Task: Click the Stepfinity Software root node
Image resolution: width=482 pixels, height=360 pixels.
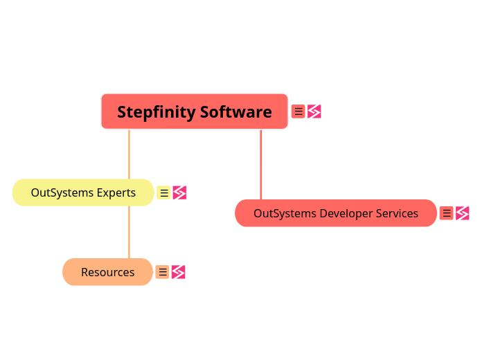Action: coord(194,111)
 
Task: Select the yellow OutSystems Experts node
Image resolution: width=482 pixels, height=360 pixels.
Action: coord(83,192)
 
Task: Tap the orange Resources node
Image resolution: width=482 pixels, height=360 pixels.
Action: coord(107,272)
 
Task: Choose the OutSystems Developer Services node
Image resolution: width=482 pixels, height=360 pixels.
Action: coord(335,213)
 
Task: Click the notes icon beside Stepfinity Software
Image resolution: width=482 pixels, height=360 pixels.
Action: coord(298,111)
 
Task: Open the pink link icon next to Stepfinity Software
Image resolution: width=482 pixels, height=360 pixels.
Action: coord(314,111)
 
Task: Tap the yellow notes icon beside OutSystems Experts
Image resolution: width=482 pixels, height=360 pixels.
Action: coord(163,192)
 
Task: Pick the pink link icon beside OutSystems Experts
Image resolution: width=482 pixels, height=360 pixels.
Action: coord(179,192)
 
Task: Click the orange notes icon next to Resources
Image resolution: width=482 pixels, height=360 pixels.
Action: coord(162,272)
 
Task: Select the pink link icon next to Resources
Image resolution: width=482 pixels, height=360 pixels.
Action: coord(178,272)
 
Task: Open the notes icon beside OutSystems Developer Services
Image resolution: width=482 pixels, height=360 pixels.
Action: coord(447,213)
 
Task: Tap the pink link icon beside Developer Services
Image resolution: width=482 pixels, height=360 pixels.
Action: coord(463,213)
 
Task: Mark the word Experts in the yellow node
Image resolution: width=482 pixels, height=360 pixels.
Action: coord(116,192)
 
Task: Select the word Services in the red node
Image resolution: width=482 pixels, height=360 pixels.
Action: coord(397,213)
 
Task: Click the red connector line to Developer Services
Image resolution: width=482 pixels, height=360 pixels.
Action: coord(261,164)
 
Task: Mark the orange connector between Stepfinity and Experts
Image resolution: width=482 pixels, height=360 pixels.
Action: coord(129,154)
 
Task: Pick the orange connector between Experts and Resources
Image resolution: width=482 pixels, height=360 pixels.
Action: coord(129,232)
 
